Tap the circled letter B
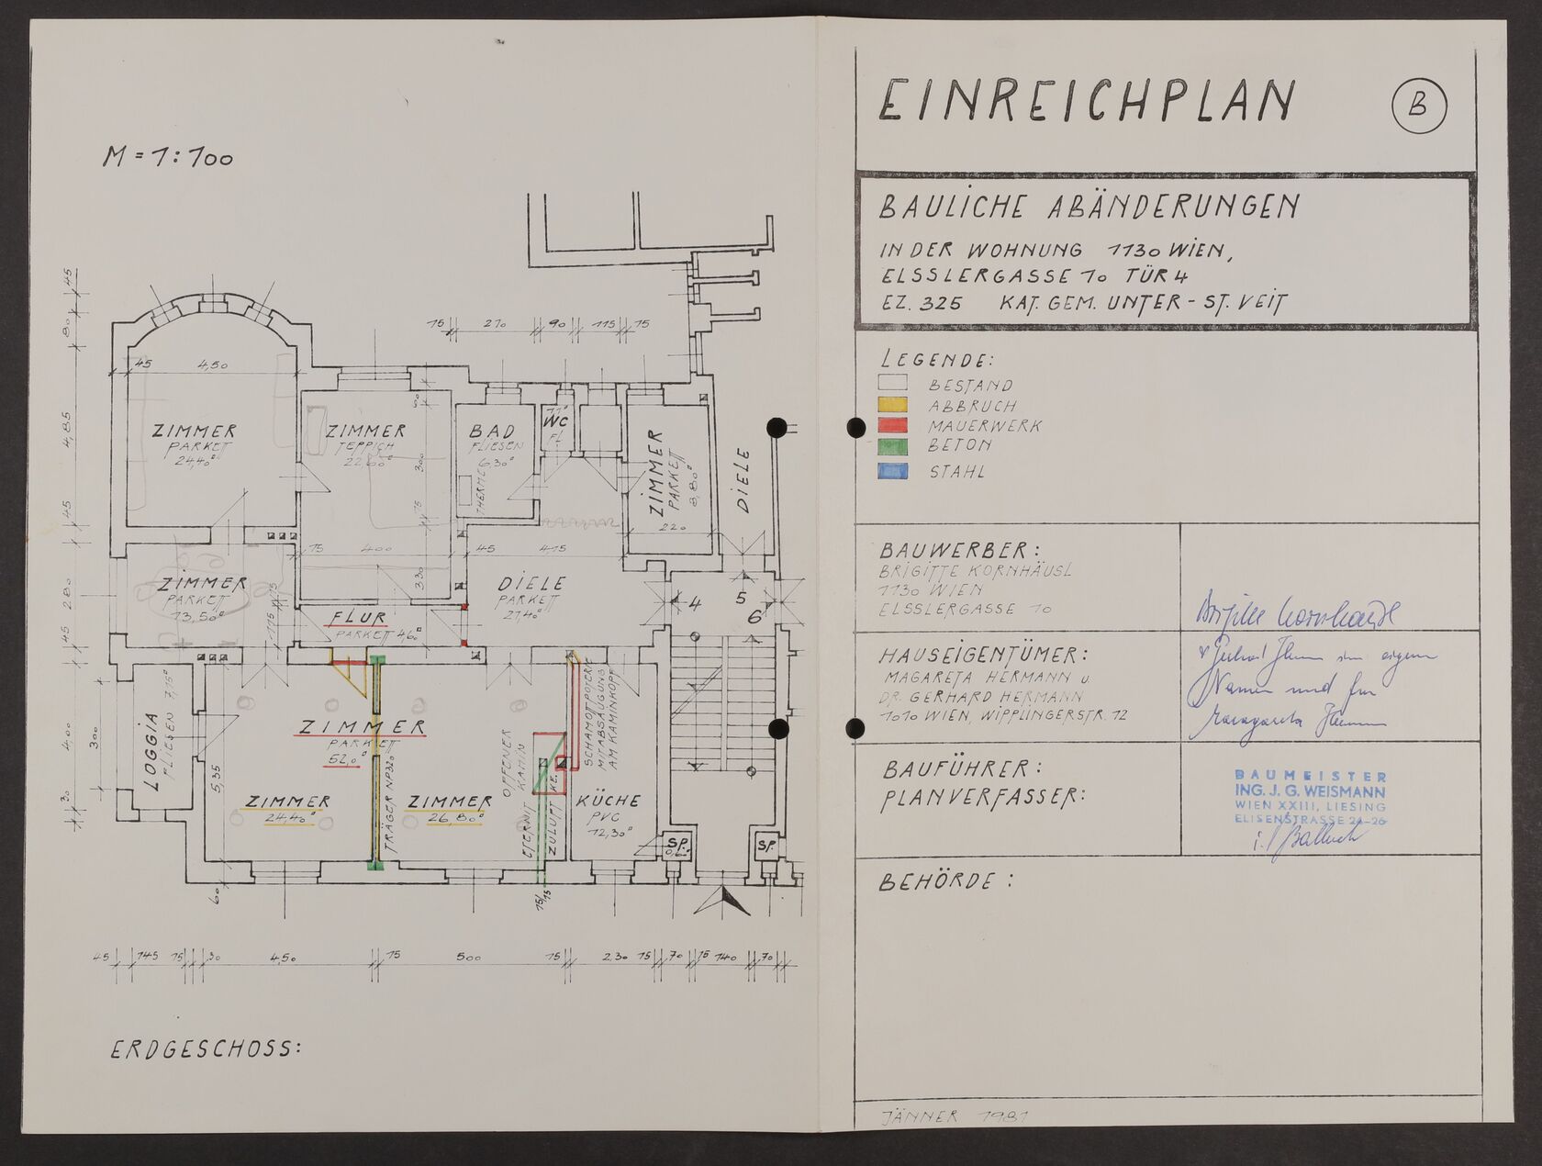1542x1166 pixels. tap(1418, 107)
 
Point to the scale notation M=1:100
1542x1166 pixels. tap(167, 157)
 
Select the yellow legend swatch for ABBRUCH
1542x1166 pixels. tap(892, 405)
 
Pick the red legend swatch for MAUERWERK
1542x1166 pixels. tap(892, 425)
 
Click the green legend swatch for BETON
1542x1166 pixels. tap(892, 446)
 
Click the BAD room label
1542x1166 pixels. tap(492, 432)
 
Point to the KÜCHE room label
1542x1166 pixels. tap(609, 801)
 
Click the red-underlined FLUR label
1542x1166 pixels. tap(359, 617)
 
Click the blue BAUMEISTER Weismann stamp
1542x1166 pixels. tap(1310, 797)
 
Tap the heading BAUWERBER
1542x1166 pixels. tap(959, 551)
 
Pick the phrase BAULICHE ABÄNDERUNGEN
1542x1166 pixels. tap(1089, 207)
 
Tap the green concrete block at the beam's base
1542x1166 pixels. tap(374, 863)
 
